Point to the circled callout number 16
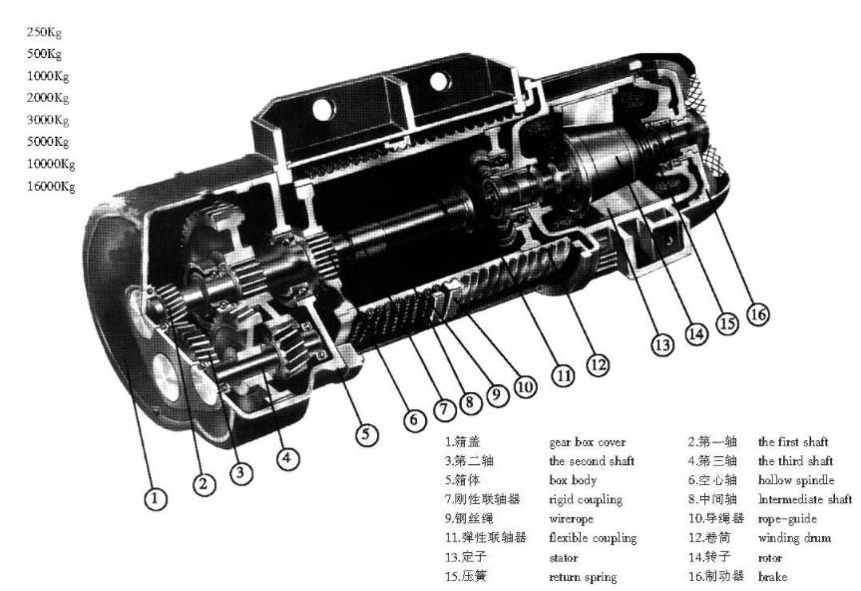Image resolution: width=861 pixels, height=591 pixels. (x=758, y=313)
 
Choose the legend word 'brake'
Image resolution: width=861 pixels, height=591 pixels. (x=771, y=577)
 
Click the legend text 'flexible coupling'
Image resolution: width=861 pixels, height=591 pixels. (x=593, y=538)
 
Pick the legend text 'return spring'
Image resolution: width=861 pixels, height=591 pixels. (x=583, y=577)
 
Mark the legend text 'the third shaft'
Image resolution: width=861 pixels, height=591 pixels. (x=795, y=460)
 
